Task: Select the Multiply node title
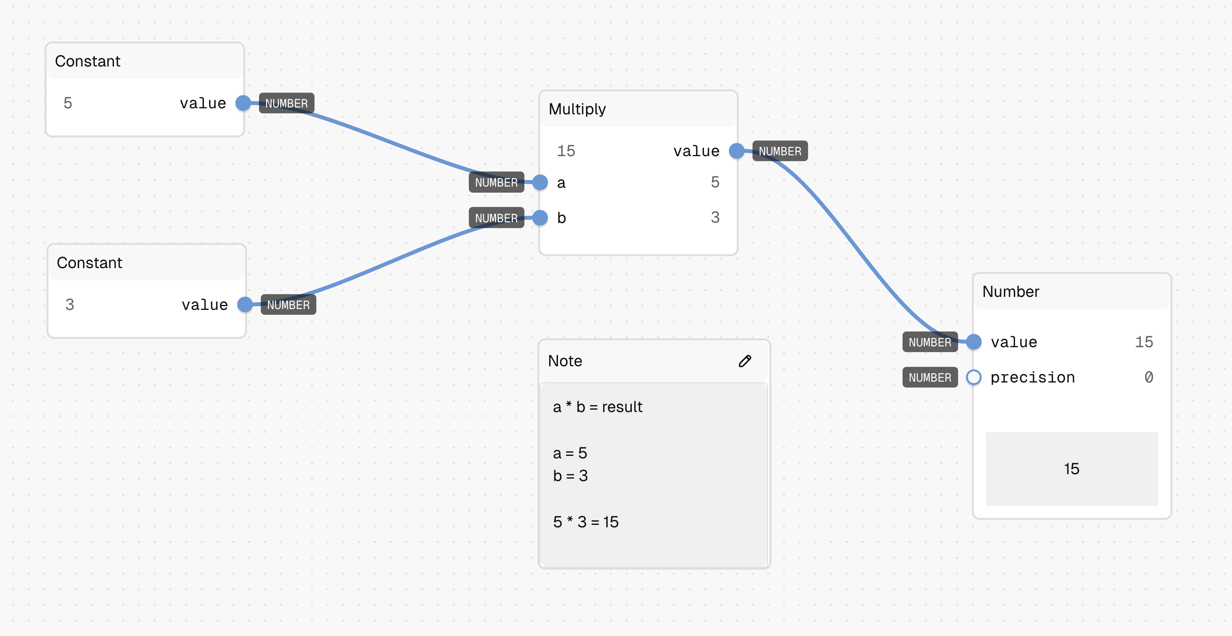click(577, 109)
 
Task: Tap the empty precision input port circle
click(973, 377)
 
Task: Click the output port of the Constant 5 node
click(243, 103)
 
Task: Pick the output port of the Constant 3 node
click(245, 304)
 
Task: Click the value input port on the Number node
click(973, 342)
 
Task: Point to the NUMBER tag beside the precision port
click(930, 377)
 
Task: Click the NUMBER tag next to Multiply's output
click(780, 151)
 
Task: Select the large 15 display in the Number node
click(1071, 468)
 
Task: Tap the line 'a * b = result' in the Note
click(597, 407)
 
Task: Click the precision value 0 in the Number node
click(1148, 377)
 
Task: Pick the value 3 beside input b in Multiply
click(715, 218)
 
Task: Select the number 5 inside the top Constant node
click(68, 103)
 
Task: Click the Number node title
click(1011, 292)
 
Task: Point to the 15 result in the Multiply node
click(566, 151)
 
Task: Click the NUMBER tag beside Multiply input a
click(496, 183)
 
